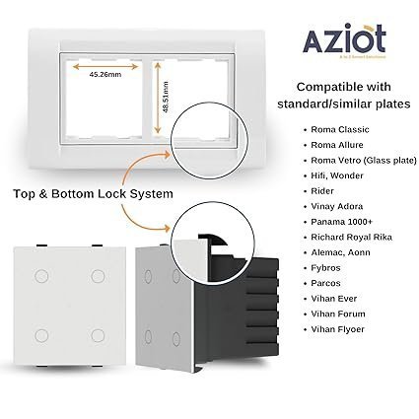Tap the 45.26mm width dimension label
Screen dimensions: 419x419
coord(104,74)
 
